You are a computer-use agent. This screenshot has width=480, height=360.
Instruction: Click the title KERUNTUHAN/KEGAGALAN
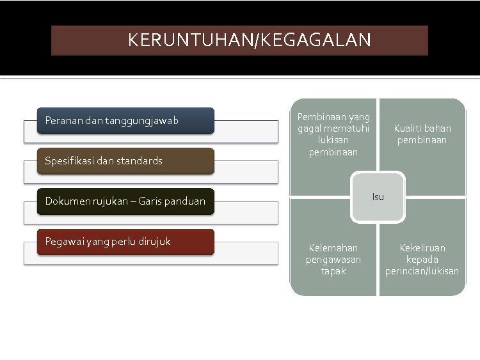pyautogui.click(x=249, y=40)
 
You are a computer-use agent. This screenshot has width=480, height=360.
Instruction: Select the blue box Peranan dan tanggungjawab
pyautogui.click(x=125, y=121)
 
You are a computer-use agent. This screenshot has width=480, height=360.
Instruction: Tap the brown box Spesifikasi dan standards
pyautogui.click(x=125, y=161)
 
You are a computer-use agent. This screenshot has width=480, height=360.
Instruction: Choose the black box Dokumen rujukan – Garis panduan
pyautogui.click(x=125, y=201)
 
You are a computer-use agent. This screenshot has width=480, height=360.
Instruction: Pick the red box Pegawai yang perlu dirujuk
pyautogui.click(x=125, y=242)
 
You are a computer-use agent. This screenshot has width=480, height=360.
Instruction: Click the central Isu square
pyautogui.click(x=378, y=197)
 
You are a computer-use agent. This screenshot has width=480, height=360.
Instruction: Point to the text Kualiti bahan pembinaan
pyautogui.click(x=422, y=134)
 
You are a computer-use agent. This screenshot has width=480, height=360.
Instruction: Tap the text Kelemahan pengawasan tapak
pyautogui.click(x=333, y=260)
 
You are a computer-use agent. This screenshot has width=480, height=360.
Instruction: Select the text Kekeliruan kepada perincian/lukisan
pyautogui.click(x=422, y=260)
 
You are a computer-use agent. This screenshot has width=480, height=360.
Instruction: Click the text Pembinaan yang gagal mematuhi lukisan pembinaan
pyautogui.click(x=333, y=134)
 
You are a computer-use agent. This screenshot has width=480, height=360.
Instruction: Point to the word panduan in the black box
pyautogui.click(x=187, y=201)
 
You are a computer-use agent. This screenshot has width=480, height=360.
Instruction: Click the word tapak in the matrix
pyautogui.click(x=333, y=271)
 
